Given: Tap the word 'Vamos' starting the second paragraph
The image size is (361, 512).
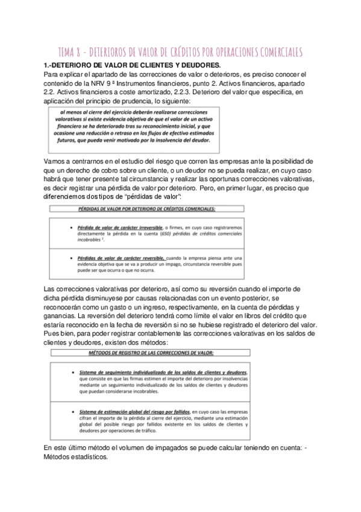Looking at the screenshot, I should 55,161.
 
